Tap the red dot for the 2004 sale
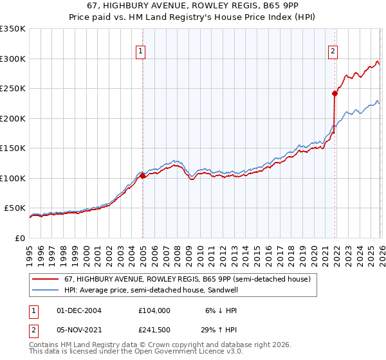[x=142, y=175]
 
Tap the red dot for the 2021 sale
[x=335, y=93]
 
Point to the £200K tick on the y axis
[x=14, y=118]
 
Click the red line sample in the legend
[x=46, y=279]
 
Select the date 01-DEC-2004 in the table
[x=79, y=310]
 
